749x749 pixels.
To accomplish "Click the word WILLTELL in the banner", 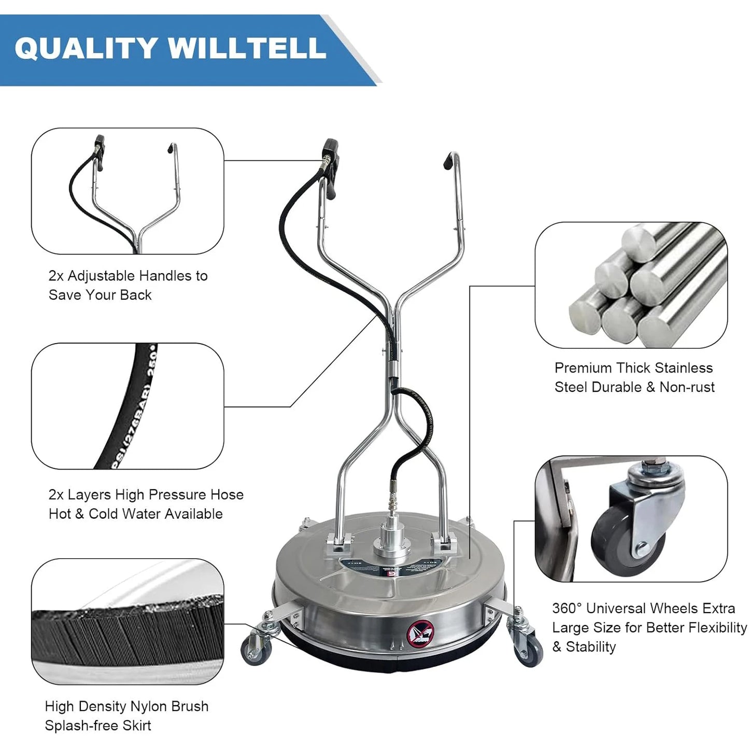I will point(247,48).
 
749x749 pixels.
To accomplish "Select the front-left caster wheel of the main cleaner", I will point(253,651).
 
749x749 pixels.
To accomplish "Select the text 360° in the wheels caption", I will point(567,608).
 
